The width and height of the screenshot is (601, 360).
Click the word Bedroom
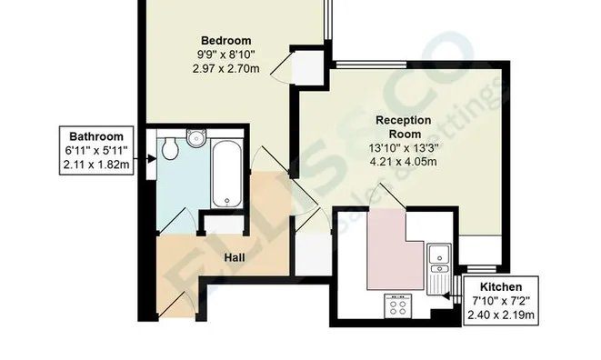click(225, 40)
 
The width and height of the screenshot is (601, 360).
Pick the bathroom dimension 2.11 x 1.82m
click(95, 165)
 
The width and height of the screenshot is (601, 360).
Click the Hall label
click(235, 258)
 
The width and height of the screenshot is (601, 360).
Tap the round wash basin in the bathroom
click(194, 137)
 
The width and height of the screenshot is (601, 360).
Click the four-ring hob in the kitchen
click(397, 306)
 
